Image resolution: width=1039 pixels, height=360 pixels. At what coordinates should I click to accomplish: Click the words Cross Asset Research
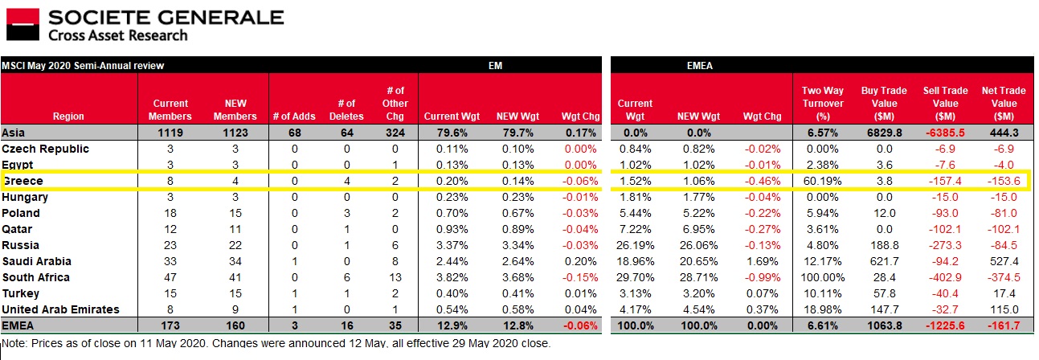click(x=118, y=35)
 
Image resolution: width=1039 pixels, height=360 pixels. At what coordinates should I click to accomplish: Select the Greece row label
click(x=24, y=181)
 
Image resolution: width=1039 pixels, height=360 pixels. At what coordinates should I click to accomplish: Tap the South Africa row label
click(x=35, y=277)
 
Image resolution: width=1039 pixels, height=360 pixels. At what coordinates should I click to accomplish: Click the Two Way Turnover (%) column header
click(x=822, y=104)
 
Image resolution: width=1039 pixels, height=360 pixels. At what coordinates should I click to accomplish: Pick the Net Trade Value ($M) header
click(x=1003, y=104)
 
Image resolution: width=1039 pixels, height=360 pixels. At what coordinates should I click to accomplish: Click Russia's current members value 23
click(x=170, y=245)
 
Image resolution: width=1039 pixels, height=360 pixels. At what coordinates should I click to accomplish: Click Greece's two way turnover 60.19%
click(x=821, y=181)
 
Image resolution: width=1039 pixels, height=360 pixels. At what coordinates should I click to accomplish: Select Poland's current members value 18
click(x=170, y=213)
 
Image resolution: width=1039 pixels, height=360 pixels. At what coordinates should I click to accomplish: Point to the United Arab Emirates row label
click(x=61, y=309)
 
